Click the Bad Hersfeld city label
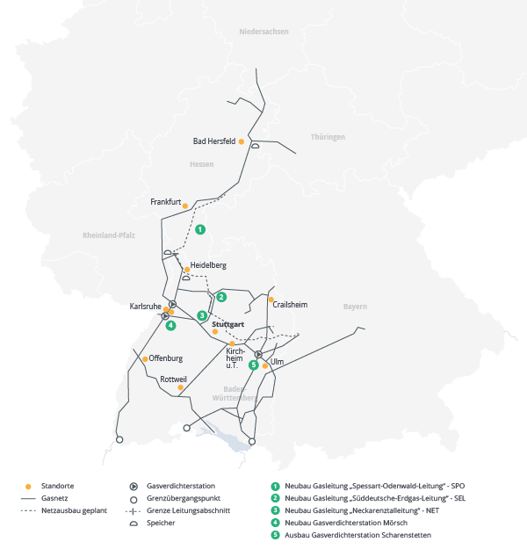(213, 141)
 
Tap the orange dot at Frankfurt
(184, 206)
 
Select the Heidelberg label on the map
(208, 265)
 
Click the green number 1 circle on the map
(200, 229)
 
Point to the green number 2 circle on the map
(221, 297)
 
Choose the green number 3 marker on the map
(202, 315)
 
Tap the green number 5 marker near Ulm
(254, 365)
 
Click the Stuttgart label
(227, 323)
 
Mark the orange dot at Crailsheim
(271, 300)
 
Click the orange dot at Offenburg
(144, 358)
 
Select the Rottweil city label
(173, 379)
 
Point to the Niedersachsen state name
(263, 32)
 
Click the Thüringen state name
(328, 137)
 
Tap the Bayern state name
(355, 307)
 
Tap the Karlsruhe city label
(145, 306)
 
